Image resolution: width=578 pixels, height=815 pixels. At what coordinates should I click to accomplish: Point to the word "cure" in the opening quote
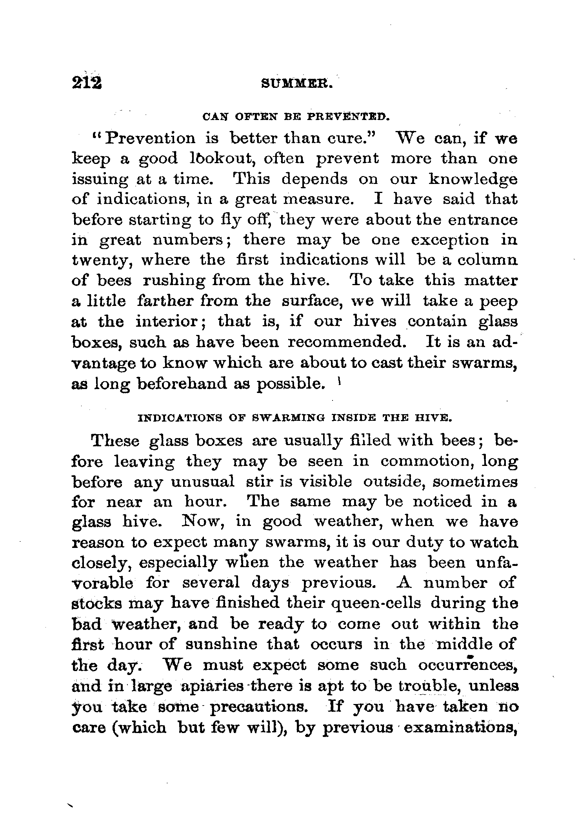[355, 138]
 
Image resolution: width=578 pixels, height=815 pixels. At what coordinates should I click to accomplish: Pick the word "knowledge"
[473, 179]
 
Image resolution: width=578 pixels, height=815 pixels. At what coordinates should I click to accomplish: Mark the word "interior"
[169, 322]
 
